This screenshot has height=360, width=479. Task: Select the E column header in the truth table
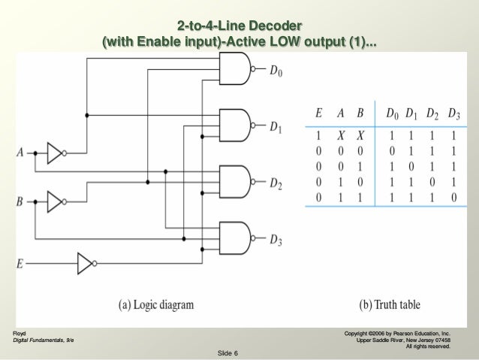coord(319,114)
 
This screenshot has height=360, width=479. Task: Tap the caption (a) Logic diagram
coord(155,305)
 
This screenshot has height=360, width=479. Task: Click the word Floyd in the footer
coord(20,331)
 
